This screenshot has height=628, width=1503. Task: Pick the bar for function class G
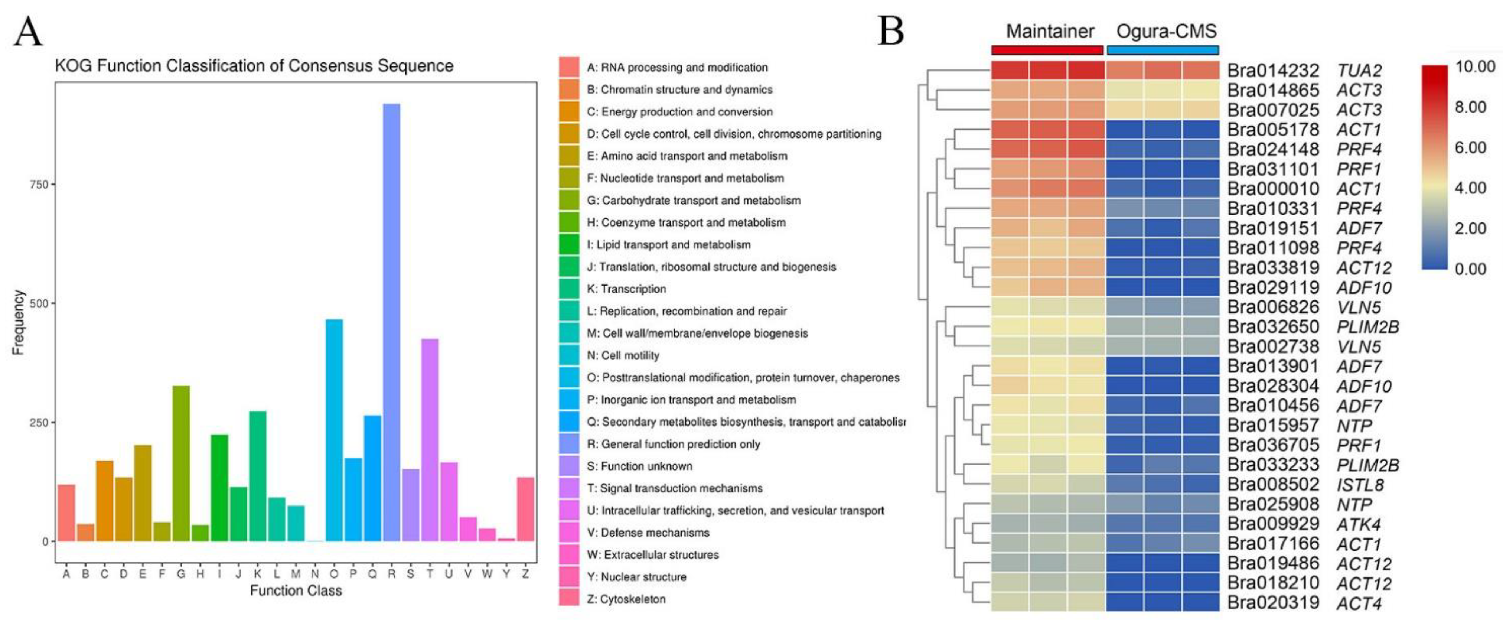181,463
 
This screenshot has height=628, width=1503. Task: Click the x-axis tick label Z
525,574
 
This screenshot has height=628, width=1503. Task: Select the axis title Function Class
296,590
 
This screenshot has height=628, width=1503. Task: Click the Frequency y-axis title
18,322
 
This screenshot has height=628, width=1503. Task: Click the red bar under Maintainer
1047,50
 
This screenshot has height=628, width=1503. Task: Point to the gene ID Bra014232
1272,71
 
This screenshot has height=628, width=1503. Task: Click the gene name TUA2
1359,71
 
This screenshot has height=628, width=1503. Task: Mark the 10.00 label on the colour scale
1476,66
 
